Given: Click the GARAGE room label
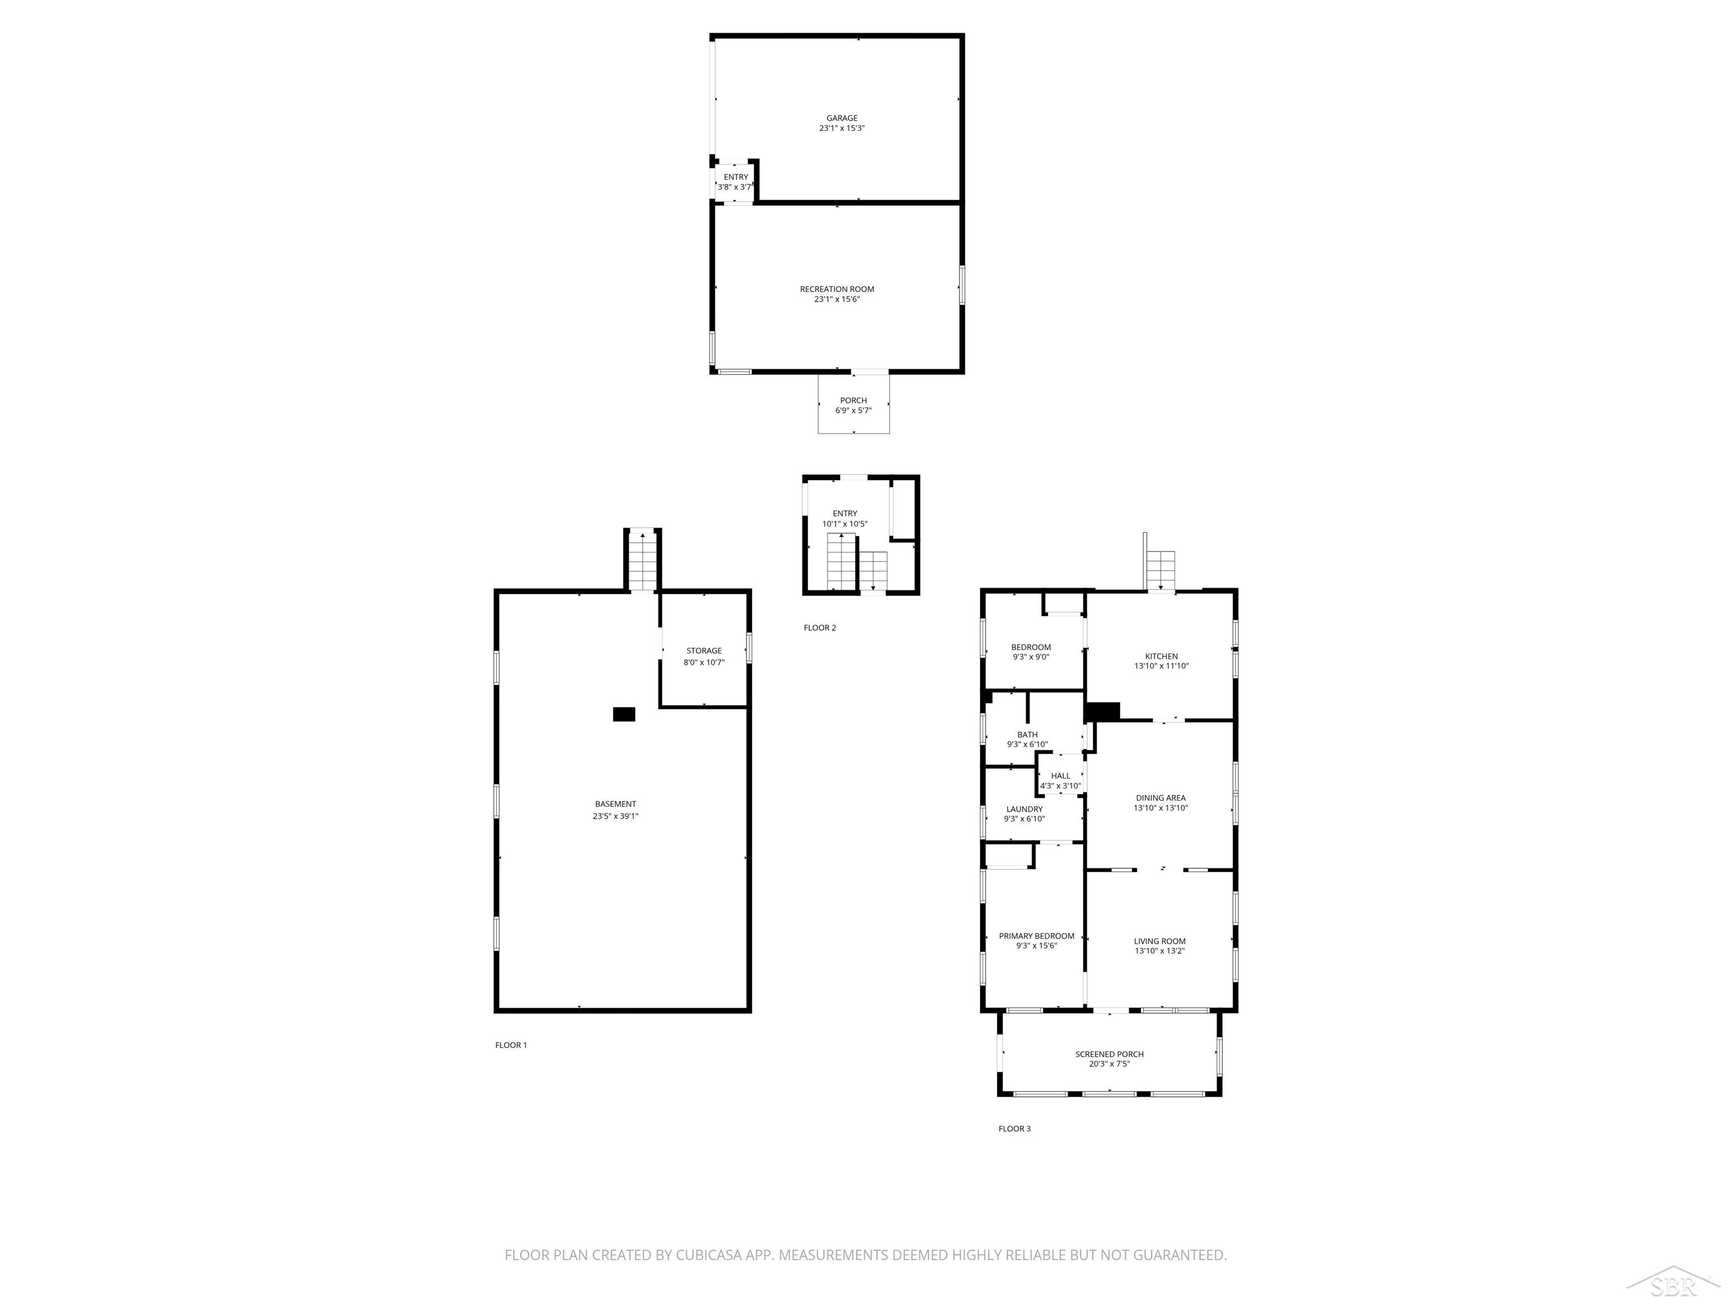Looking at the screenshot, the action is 842,118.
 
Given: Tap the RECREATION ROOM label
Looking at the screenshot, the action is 837,289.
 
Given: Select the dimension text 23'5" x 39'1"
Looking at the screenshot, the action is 616,816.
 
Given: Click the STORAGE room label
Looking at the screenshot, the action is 704,651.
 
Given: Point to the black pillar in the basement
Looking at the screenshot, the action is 624,714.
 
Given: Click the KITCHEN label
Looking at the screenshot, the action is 1161,656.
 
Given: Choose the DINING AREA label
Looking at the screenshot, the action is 1160,798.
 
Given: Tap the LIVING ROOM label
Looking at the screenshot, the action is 1160,941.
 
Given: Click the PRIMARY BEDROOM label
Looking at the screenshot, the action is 1037,936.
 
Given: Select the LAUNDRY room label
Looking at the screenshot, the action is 1024,809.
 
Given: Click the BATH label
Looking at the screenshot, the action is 1027,735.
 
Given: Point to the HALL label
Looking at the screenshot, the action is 1061,776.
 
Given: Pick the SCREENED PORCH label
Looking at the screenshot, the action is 1110,1054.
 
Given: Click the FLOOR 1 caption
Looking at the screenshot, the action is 511,1045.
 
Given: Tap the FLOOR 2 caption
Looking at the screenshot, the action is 820,627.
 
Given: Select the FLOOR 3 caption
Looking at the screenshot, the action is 1015,1128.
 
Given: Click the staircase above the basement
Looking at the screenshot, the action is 643,560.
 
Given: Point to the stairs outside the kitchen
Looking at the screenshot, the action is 1161,570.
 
